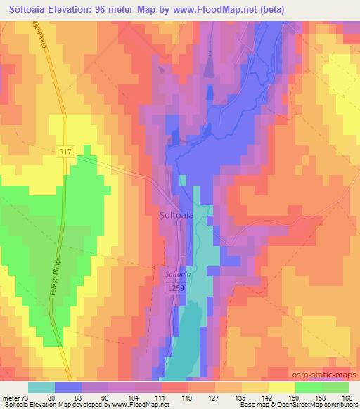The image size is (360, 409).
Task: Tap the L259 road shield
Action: pyautogui.click(x=176, y=288)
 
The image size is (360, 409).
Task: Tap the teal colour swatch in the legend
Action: pyautogui.click(x=41, y=387)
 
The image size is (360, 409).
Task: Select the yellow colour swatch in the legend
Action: pyautogui.click(x=281, y=387)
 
